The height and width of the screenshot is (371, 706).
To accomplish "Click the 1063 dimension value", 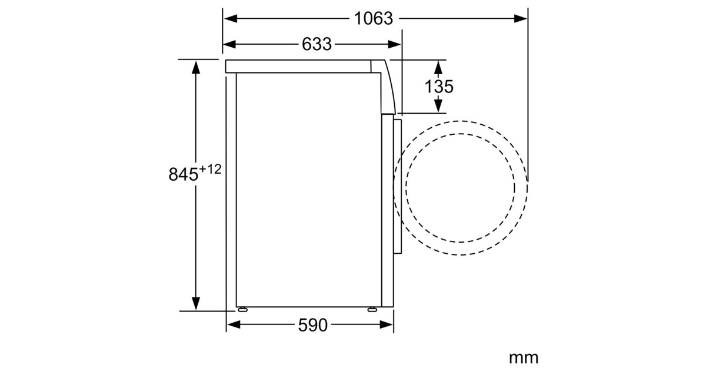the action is (374, 19).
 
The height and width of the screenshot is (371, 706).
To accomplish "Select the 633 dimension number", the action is (317, 44).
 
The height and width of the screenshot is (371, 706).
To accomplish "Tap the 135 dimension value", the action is (439, 87).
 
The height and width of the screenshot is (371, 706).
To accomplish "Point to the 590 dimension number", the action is (313, 325).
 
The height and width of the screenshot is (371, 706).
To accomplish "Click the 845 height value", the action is (184, 174).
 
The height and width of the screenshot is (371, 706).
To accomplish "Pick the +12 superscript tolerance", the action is (210, 170).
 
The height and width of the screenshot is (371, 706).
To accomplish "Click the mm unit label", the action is (524, 358).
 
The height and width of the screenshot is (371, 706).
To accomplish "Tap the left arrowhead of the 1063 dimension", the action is (231, 19).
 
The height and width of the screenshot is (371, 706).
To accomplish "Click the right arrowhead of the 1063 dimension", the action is (520, 19).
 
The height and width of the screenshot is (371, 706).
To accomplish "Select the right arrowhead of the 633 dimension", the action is (394, 45).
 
